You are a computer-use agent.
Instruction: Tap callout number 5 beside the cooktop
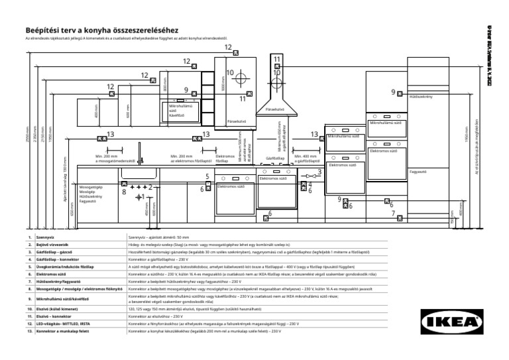pyautogui.click(x=207, y=177)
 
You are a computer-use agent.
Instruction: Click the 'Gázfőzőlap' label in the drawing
pyautogui.click(x=274, y=158)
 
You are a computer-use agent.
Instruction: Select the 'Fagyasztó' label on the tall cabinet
pyautogui.click(x=418, y=171)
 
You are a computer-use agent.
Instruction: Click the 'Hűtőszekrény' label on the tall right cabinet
pyautogui.click(x=421, y=97)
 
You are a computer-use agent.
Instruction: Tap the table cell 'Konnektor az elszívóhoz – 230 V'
pyautogui.click(x=154, y=317)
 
